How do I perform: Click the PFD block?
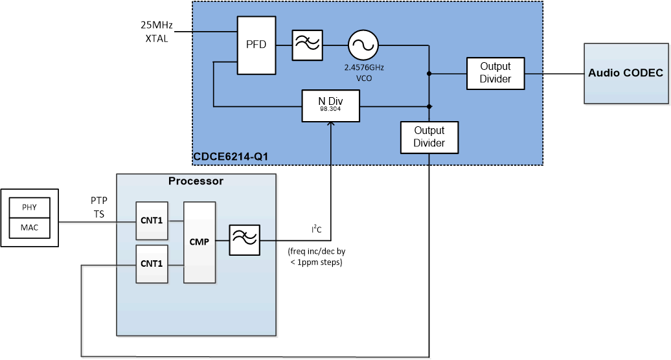point(256,45)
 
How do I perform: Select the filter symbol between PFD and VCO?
point(307,45)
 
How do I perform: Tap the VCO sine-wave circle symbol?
point(363,45)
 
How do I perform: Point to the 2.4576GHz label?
point(363,67)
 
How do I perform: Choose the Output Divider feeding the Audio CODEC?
point(495,73)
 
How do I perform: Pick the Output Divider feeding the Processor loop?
point(429,137)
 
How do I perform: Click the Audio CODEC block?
point(626,73)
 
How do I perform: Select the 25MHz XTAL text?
point(157,32)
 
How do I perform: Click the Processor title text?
point(196,181)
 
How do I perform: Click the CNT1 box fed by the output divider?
point(152,264)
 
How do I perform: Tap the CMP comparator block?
point(199,242)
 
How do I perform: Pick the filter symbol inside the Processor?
point(244,240)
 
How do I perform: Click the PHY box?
point(29,208)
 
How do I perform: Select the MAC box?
point(29,228)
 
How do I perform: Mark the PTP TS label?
point(99,207)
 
